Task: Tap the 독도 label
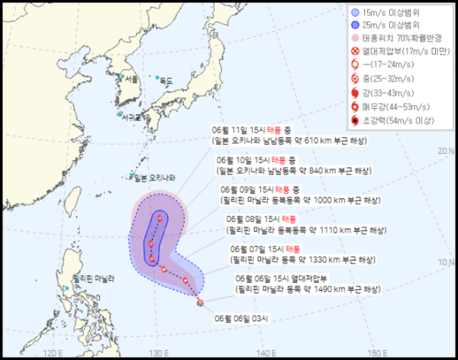[166, 81]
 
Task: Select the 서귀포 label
[132, 117]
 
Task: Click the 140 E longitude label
[265, 352]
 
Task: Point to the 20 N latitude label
[447, 151]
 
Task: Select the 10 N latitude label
[447, 262]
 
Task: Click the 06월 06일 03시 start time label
[248, 319]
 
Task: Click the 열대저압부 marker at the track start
[200, 303]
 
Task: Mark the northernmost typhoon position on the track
[160, 219]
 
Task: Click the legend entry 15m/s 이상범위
[390, 13]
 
